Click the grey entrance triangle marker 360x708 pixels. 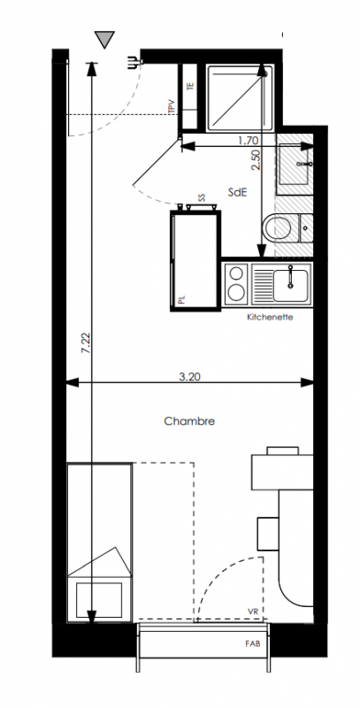[104, 39]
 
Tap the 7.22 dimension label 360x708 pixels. [86, 343]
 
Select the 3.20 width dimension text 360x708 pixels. [189, 377]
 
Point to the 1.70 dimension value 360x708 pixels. [248, 141]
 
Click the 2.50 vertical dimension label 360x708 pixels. [256, 159]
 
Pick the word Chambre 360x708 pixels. [189, 421]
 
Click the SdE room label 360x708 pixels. [237, 192]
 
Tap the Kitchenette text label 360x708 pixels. [270, 317]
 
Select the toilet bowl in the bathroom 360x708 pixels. [277, 229]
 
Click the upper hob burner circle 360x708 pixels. [236, 273]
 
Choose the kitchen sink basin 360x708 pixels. [291, 285]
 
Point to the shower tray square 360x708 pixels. [240, 98]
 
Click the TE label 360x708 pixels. [190, 86]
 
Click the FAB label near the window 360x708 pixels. [252, 644]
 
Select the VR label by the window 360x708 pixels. [253, 612]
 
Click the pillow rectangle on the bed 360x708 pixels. [99, 599]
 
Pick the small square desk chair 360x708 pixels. [268, 534]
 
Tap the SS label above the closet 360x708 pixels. [201, 197]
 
